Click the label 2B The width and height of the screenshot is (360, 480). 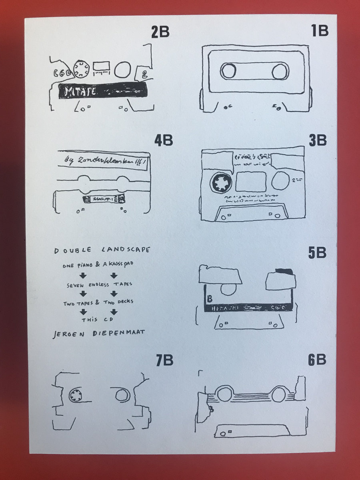(x=160, y=32)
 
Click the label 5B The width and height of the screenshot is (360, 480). (x=317, y=253)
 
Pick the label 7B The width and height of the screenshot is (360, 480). (x=164, y=360)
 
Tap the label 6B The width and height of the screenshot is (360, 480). (x=317, y=360)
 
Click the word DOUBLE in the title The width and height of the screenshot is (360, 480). (x=68, y=250)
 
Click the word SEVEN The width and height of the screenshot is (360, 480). (x=76, y=285)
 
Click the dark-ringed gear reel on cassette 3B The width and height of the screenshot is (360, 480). (x=219, y=183)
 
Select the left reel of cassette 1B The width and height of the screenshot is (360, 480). (x=228, y=72)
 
